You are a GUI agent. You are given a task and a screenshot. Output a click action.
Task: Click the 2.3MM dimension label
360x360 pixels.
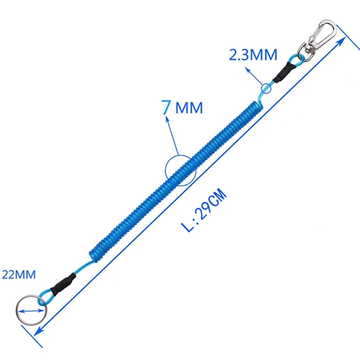click(x=253, y=55)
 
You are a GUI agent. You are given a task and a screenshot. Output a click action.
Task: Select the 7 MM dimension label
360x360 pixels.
click(x=182, y=108)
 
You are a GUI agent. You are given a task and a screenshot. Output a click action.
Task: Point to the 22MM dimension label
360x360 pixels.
click(x=19, y=274)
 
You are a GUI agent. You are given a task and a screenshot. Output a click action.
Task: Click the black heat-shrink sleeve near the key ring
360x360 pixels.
click(x=60, y=283)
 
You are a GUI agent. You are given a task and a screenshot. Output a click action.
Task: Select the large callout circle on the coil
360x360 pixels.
click(x=181, y=171)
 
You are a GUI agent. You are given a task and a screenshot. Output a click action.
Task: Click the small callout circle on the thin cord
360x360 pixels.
click(x=266, y=88)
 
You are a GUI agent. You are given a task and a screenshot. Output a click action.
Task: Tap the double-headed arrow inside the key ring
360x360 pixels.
click(x=30, y=310)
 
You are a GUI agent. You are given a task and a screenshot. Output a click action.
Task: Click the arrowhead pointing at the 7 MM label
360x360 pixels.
click(x=168, y=120)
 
